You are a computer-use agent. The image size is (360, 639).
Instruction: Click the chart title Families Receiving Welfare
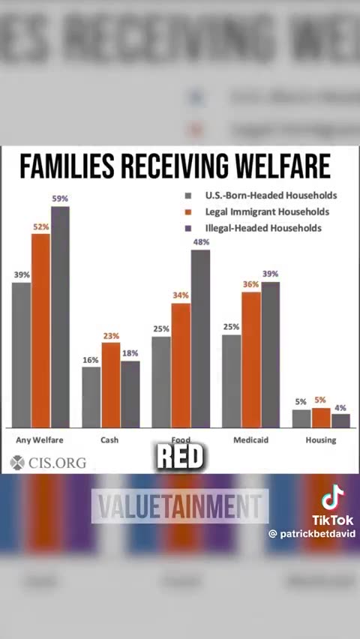175,166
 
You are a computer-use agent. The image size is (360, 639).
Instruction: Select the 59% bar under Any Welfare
60,315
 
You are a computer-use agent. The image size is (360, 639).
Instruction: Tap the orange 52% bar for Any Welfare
40,330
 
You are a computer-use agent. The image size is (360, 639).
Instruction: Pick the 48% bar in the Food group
200,337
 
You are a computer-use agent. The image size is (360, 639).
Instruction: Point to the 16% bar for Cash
91,397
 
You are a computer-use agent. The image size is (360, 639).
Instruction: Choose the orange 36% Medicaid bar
251,359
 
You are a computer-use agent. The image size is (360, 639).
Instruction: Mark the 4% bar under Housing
340,421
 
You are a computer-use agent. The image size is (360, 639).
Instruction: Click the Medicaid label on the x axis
251,440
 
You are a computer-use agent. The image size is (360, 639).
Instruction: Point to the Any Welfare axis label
40,440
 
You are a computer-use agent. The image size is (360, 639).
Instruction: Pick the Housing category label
320,440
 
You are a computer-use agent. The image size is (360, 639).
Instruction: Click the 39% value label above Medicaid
270,274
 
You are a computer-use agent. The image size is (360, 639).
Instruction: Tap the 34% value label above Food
181,295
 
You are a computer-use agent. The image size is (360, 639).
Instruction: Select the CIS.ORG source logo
49,463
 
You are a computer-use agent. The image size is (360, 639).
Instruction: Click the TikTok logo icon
332,498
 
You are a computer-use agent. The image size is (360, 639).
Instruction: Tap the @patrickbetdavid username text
312,534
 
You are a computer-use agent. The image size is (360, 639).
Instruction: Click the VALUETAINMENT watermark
180,506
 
